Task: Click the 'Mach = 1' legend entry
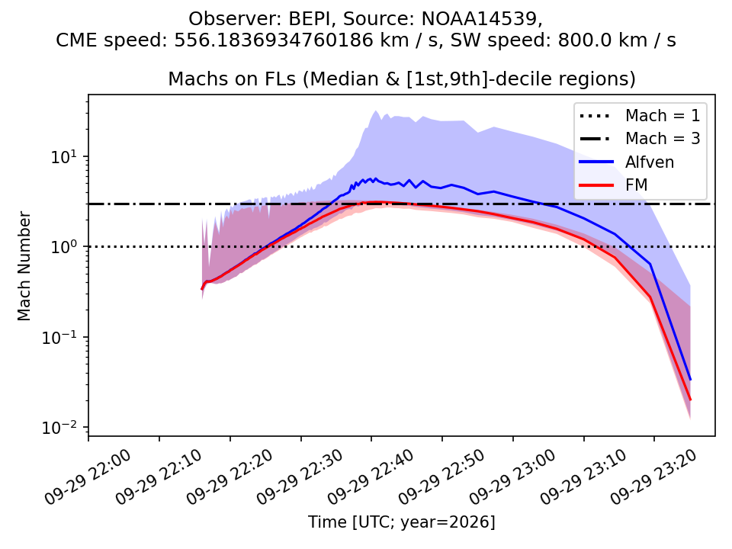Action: [x=640, y=115]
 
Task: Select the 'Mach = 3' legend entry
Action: [x=640, y=138]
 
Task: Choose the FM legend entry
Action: [x=613, y=185]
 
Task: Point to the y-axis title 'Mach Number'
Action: [x=24, y=266]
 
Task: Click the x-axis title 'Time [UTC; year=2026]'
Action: [x=402, y=522]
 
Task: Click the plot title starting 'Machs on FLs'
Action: [x=402, y=79]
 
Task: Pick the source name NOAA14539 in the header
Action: [x=481, y=19]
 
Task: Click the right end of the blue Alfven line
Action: [x=690, y=380]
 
